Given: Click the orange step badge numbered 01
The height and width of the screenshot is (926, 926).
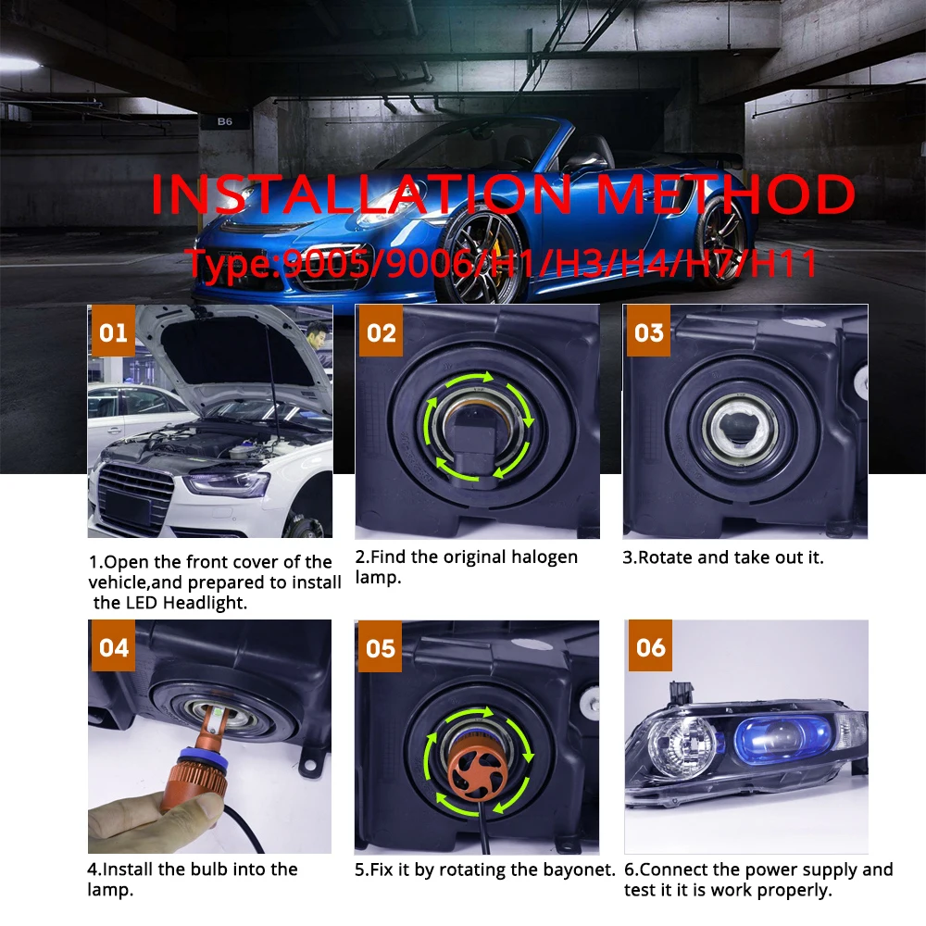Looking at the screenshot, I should (x=113, y=332).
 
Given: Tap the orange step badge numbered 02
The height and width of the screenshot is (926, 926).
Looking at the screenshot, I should (x=382, y=332).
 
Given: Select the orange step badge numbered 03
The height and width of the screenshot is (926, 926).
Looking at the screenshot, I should (x=649, y=332).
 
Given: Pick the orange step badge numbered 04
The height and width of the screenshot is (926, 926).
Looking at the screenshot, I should (x=114, y=646).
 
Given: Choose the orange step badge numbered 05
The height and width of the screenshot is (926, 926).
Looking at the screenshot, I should (x=381, y=647).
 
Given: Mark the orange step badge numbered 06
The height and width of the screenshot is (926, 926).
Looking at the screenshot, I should (x=650, y=646).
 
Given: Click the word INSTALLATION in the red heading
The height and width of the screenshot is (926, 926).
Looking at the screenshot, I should (x=359, y=195).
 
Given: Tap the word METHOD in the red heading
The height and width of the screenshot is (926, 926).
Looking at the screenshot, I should (x=724, y=195).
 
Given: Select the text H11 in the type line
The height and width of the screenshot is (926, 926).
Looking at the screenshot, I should (x=785, y=263).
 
